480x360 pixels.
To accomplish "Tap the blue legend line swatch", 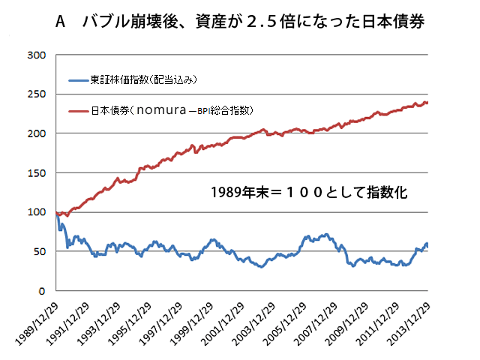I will point(78,79).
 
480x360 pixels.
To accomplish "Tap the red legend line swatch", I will point(78,110).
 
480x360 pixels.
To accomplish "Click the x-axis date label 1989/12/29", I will point(37,316).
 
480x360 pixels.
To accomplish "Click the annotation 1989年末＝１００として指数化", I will point(309,193).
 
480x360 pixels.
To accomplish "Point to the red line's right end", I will point(427,103).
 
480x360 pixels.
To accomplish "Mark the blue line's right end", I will point(427,244).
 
